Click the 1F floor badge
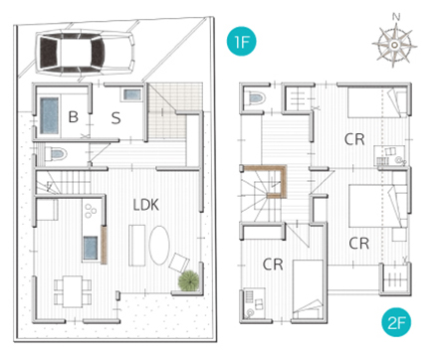click(241, 41)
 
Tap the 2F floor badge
click(396, 322)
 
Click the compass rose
click(394, 45)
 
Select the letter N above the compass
click(396, 17)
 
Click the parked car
click(86, 53)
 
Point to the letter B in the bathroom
click(74, 116)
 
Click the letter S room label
click(115, 118)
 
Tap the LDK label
click(146, 205)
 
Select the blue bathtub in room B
click(49, 115)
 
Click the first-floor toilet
click(56, 154)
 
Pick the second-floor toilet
click(256, 97)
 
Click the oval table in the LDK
click(159, 246)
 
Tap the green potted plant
click(189, 280)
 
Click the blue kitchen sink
click(91, 248)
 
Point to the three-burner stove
click(91, 211)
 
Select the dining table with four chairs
click(73, 291)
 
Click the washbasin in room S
click(132, 94)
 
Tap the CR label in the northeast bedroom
click(354, 139)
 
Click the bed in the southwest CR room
click(308, 289)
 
